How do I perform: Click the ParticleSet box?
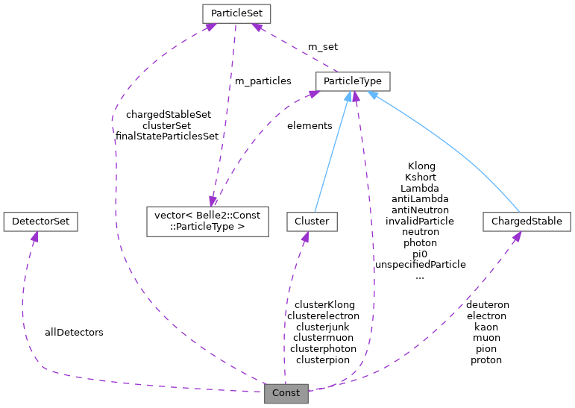pos(236,13)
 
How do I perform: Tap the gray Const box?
pos(286,392)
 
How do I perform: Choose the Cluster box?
pos(312,222)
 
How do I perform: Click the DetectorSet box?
pos(41,222)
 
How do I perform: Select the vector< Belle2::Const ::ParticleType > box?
pos(207,222)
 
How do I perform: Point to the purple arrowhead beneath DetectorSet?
pos(33,237)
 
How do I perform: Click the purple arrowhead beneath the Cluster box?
pos(304,237)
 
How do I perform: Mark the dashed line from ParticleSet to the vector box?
pos(225,112)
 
